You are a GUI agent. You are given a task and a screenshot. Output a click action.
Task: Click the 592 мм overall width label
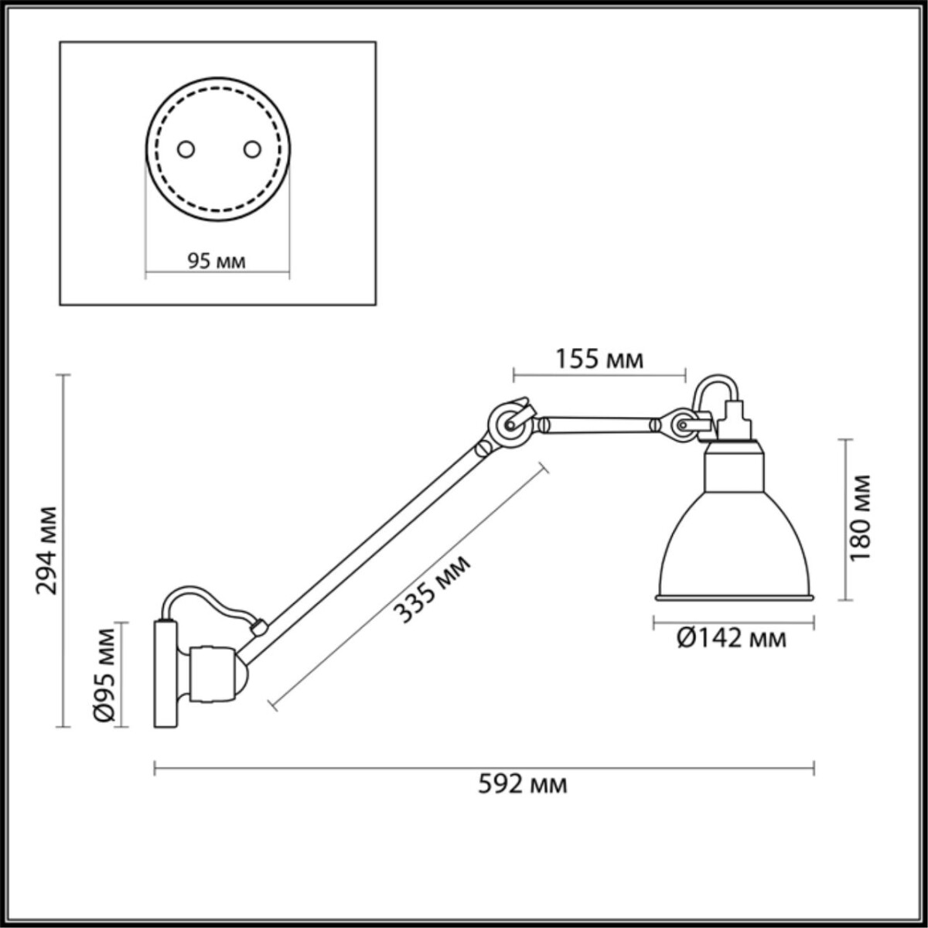click(522, 785)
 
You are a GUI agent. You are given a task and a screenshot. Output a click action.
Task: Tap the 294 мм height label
click(48, 550)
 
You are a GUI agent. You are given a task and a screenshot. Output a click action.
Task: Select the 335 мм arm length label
click(432, 589)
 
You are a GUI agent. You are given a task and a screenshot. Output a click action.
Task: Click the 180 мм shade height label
click(859, 517)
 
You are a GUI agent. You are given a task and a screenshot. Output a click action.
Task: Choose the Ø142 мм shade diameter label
click(732, 639)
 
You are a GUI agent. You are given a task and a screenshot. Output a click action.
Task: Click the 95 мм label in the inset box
click(217, 261)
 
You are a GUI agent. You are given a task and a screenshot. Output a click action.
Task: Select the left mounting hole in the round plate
click(185, 149)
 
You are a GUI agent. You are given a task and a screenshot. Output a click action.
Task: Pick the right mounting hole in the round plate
click(251, 149)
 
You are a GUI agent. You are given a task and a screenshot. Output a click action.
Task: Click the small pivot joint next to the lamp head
click(681, 425)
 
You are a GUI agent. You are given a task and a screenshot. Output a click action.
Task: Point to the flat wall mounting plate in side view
click(165, 673)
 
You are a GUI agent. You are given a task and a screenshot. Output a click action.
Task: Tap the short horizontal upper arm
click(599, 424)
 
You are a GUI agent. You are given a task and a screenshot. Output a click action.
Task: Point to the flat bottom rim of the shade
click(735, 597)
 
